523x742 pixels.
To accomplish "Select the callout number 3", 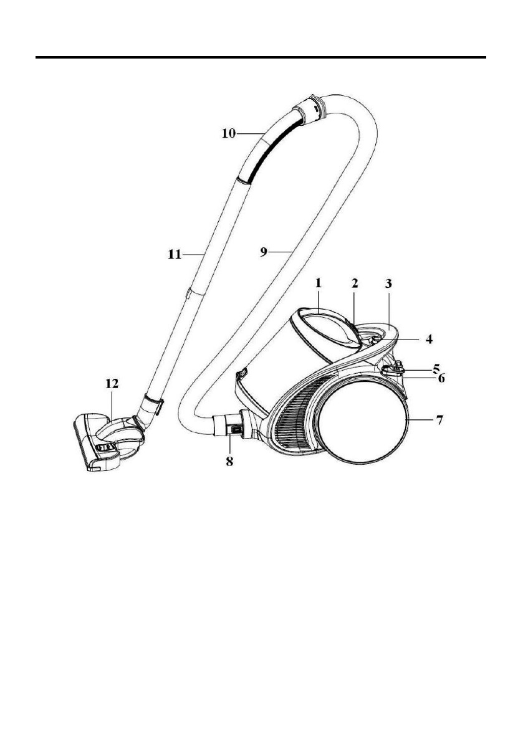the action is point(388,283).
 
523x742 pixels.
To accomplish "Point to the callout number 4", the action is point(429,339).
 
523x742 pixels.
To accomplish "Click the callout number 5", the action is point(436,368).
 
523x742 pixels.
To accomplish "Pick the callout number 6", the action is point(441,378).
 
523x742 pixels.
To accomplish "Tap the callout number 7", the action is point(439,419).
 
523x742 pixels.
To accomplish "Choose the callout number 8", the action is point(229,462).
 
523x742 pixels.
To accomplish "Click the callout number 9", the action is point(264,252).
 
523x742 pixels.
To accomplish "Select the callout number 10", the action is point(229,134).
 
